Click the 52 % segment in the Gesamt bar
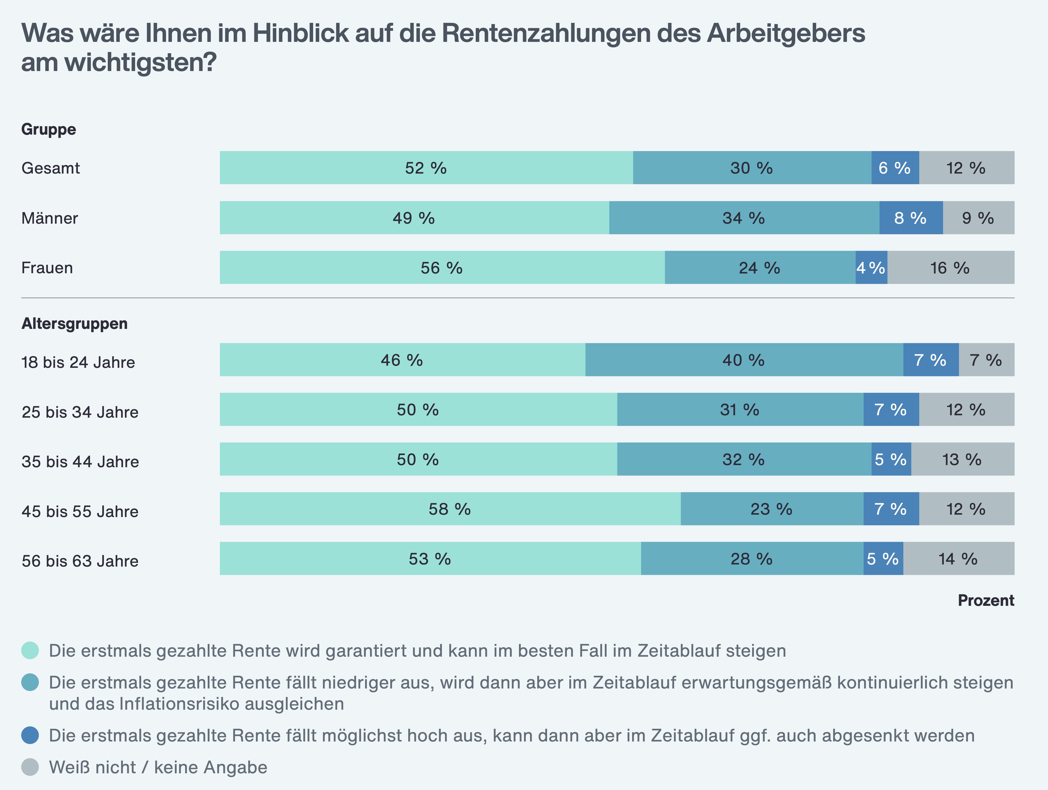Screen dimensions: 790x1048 [x=426, y=168]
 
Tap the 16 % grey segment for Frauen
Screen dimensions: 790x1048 [x=951, y=268]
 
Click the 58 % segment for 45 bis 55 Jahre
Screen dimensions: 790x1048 [x=450, y=509]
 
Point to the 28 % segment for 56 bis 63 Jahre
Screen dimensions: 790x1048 [x=752, y=559]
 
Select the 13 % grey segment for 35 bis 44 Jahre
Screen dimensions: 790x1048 [x=962, y=459]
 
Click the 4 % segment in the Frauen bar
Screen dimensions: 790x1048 [x=871, y=268]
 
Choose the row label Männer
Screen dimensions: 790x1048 [x=50, y=218]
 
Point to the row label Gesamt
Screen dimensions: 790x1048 [x=51, y=168]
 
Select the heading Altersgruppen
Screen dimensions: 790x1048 [x=74, y=324]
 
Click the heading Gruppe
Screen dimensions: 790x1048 [x=49, y=129]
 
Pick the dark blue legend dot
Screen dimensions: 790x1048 [x=30, y=735]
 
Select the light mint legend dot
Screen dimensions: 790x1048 [x=30, y=650]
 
